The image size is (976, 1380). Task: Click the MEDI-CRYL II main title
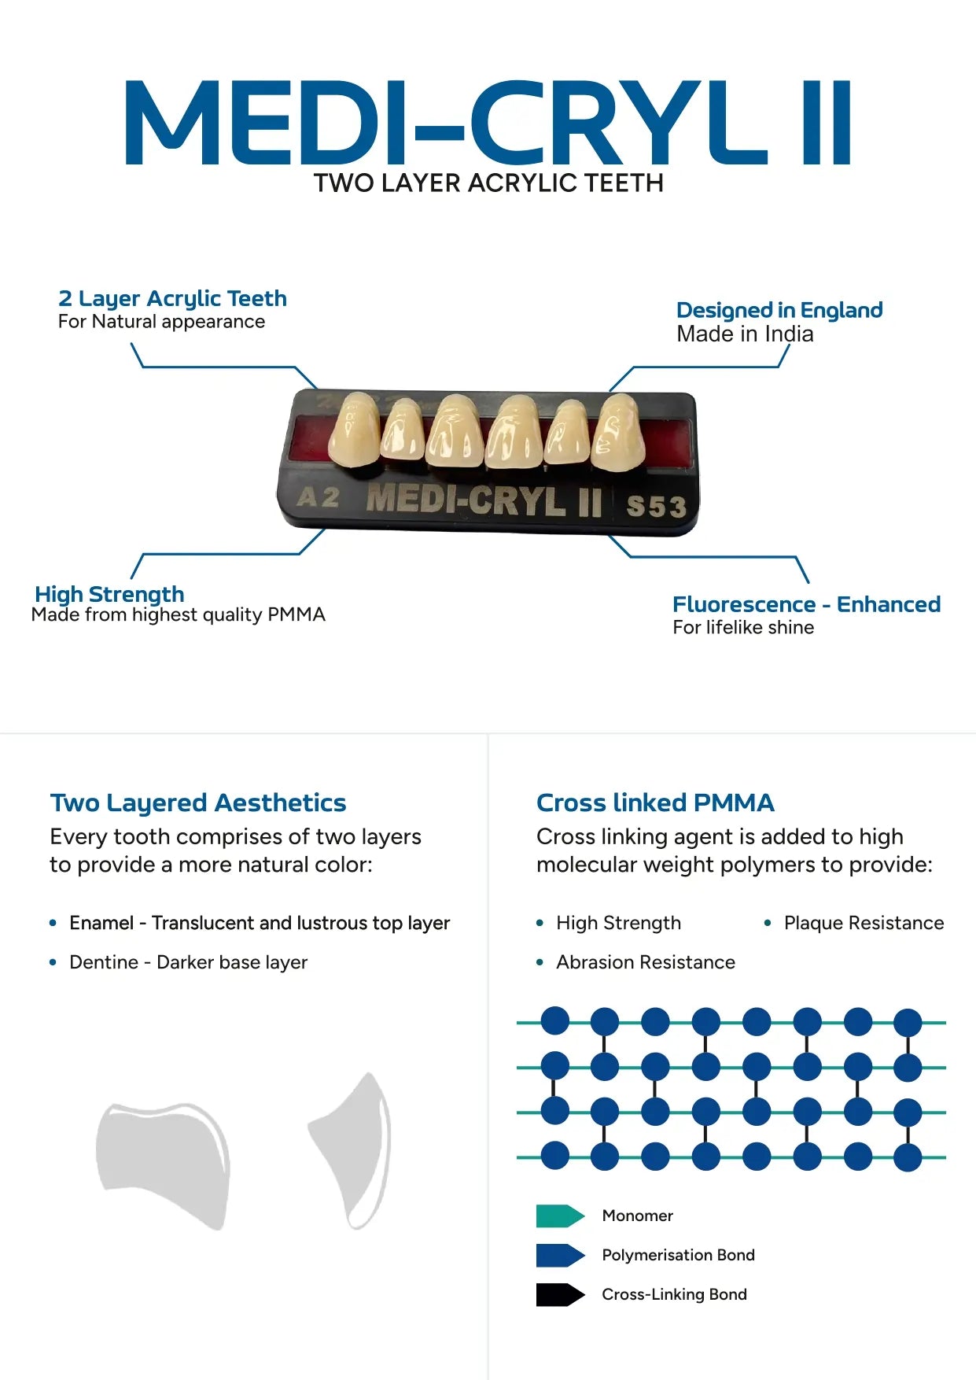coord(488,123)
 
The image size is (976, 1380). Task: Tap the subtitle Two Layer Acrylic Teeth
coord(488,183)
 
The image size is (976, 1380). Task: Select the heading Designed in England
coord(779,310)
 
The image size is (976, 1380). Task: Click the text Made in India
coord(745,334)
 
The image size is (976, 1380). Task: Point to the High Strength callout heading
coord(109,594)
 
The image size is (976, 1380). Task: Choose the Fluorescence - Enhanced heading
coord(806,604)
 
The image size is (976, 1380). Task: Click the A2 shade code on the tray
coord(319,498)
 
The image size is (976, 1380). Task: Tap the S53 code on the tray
coord(656,506)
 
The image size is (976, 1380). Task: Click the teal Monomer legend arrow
coord(560,1216)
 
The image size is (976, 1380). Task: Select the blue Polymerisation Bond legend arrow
coord(560,1255)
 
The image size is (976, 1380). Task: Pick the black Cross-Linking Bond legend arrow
coord(560,1294)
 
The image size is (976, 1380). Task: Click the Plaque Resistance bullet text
coord(864,923)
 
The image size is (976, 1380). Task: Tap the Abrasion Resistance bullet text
coord(646,962)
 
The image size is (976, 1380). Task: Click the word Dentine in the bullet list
coord(103,962)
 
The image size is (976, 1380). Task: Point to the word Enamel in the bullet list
coord(101,923)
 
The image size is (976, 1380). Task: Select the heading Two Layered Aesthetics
coord(198,803)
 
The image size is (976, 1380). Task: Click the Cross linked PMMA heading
coord(655,803)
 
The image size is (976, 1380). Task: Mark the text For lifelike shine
coord(743,627)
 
